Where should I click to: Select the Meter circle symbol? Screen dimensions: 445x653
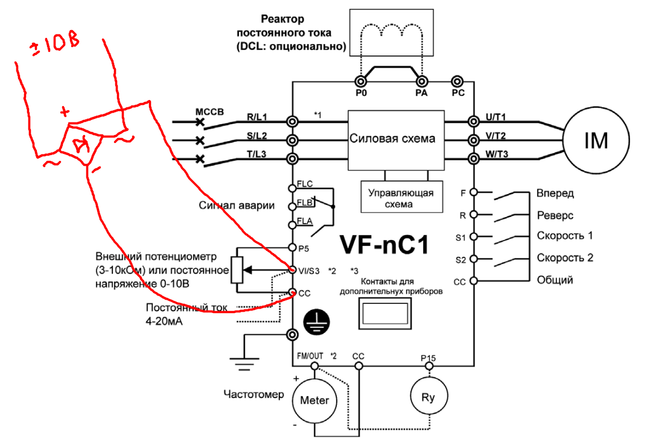[x=314, y=400]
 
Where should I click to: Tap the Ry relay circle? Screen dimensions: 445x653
[x=427, y=397]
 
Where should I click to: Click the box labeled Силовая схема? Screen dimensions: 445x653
[x=392, y=138]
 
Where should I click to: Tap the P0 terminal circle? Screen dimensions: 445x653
[x=360, y=81]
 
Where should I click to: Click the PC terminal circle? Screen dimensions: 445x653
[x=457, y=81]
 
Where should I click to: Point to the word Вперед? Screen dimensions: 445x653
[x=555, y=194]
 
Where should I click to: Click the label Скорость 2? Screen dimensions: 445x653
[x=565, y=257]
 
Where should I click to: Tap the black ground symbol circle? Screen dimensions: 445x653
[x=314, y=322]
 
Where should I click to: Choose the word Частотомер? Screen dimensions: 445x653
[x=253, y=396]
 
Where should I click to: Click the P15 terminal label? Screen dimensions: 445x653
[x=428, y=358]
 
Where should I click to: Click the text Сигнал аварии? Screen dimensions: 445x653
[x=237, y=206]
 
